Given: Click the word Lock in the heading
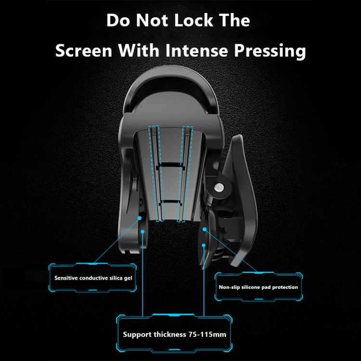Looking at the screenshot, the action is (x=194, y=20).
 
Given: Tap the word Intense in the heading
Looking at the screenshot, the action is (x=196, y=50).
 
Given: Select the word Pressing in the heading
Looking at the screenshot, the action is (x=270, y=52).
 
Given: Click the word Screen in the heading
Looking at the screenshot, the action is (x=84, y=51).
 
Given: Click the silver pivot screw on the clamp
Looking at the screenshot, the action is (x=219, y=187).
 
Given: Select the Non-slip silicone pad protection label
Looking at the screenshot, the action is (x=258, y=287).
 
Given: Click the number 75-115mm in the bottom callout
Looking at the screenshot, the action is (x=207, y=334).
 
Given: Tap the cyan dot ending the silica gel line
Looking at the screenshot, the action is (x=140, y=218).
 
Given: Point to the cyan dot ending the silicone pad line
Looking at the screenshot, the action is (x=204, y=229).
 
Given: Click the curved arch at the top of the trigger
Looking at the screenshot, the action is (x=170, y=76).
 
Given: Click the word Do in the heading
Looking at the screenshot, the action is (x=118, y=20).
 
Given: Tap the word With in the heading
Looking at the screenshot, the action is (x=139, y=50).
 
